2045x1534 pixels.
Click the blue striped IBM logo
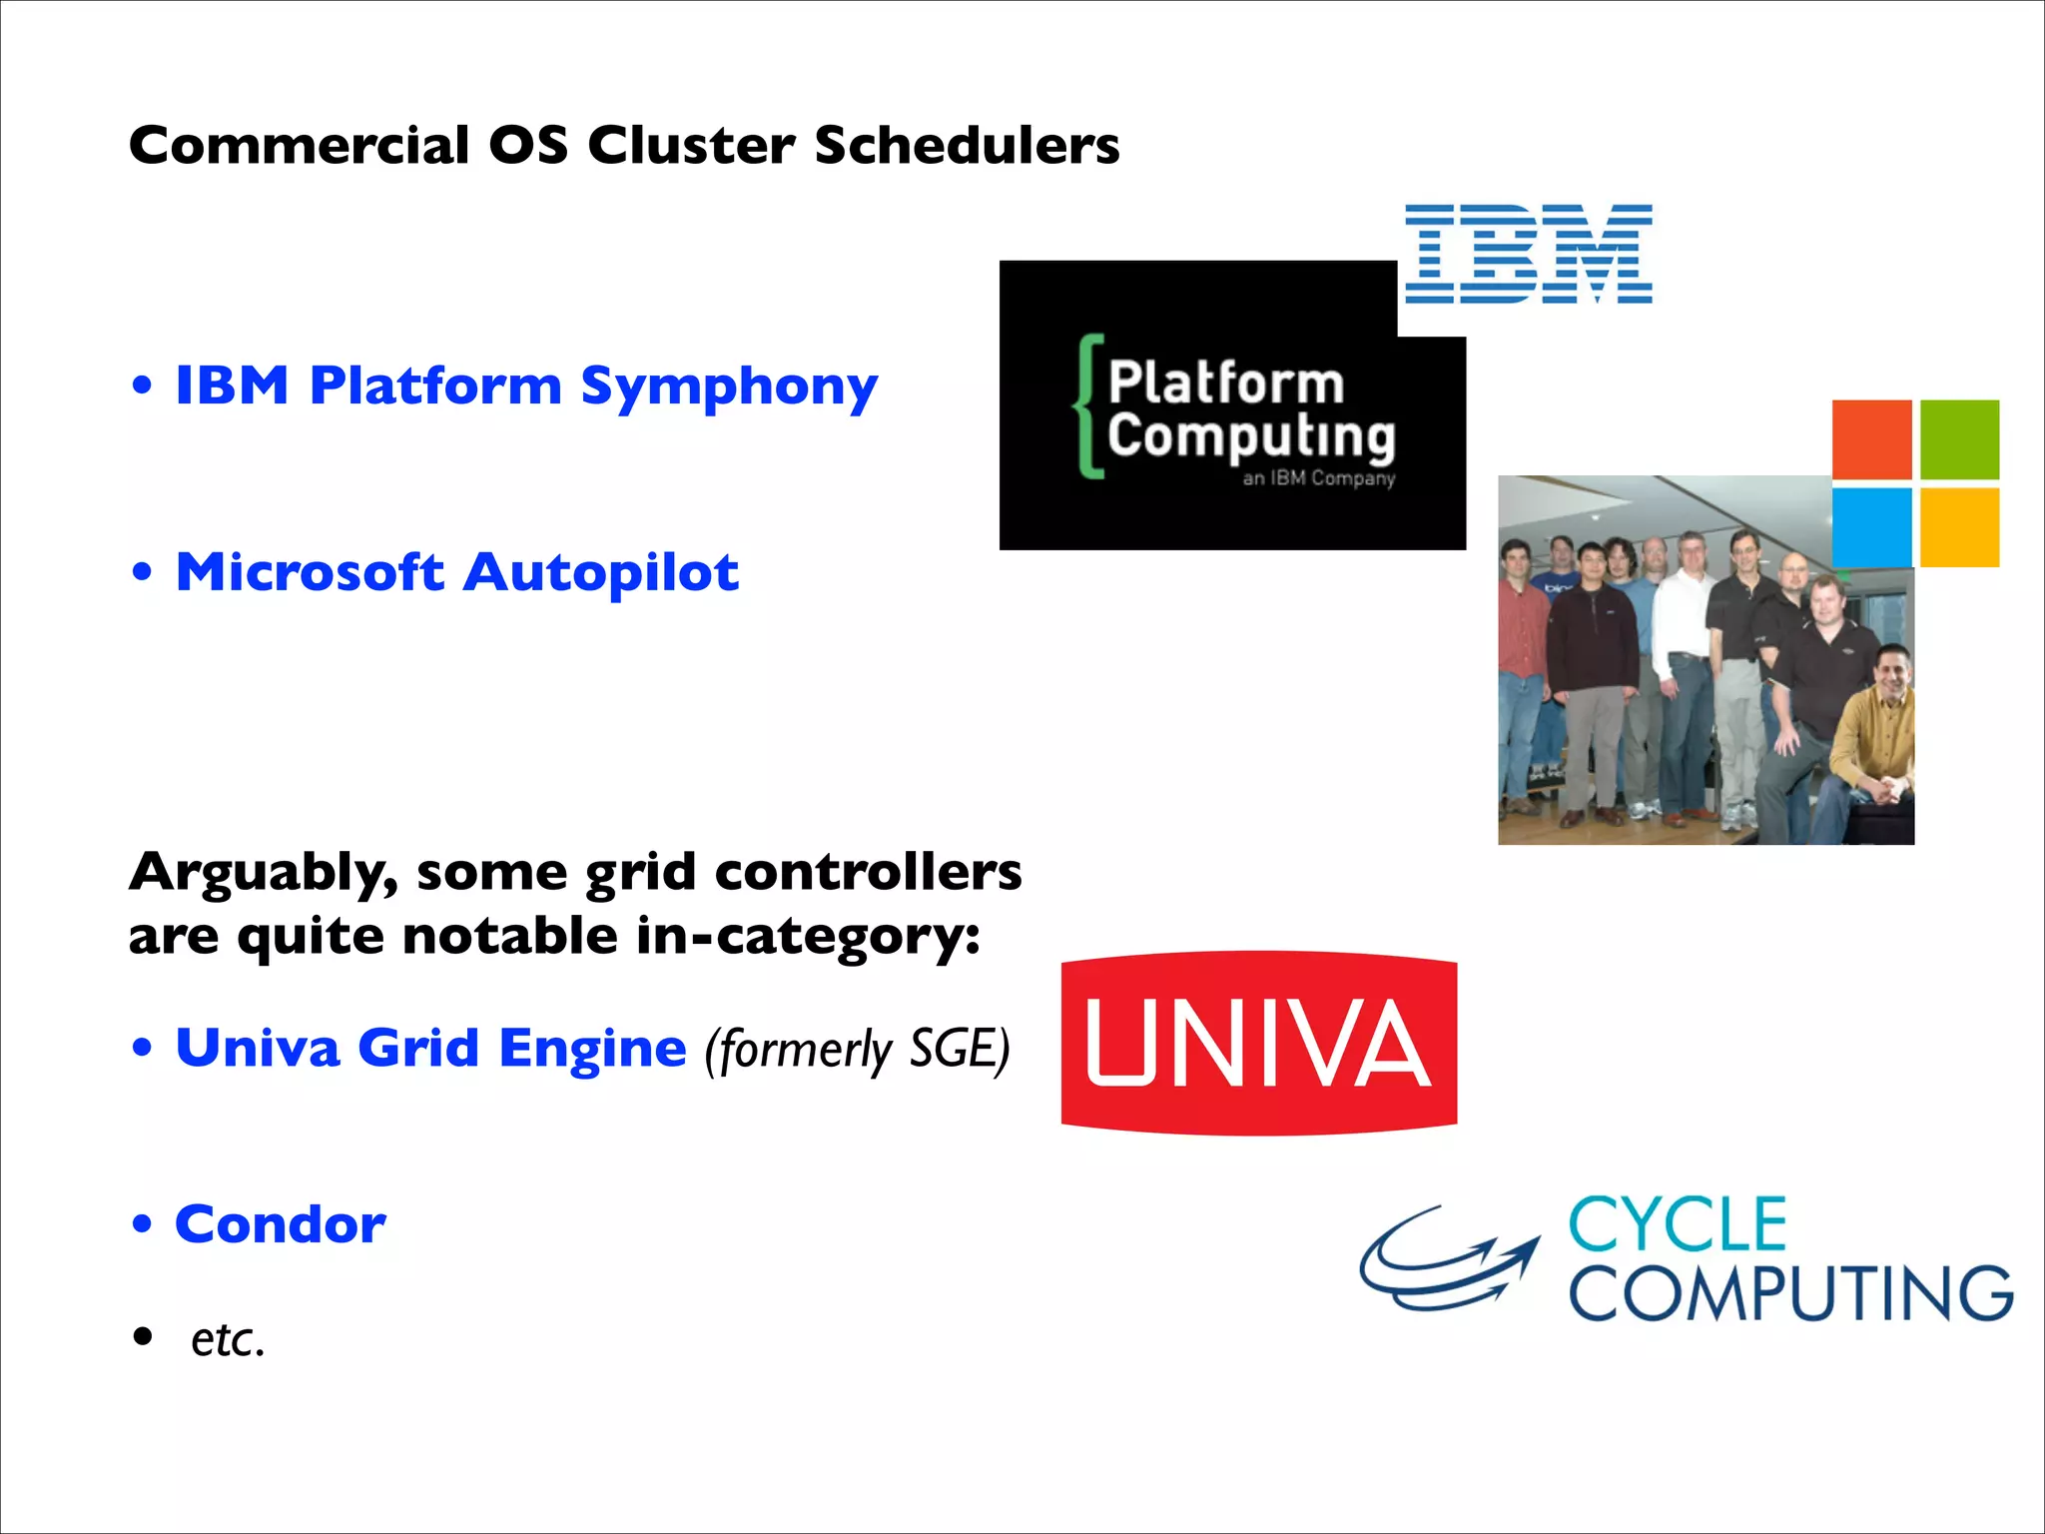(1528, 254)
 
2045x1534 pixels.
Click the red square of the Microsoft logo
(1871, 439)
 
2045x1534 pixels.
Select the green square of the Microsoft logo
(1959, 439)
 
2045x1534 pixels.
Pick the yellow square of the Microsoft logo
(1959, 527)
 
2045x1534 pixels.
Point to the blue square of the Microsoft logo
(1871, 527)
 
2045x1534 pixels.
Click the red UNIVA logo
(1258, 1043)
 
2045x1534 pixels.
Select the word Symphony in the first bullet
(729, 387)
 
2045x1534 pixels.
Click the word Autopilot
(601, 573)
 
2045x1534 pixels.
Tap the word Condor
(281, 1224)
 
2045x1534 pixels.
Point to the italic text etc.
(228, 1340)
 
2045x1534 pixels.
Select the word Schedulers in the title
(967, 146)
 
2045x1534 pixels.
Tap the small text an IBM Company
(1318, 478)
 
